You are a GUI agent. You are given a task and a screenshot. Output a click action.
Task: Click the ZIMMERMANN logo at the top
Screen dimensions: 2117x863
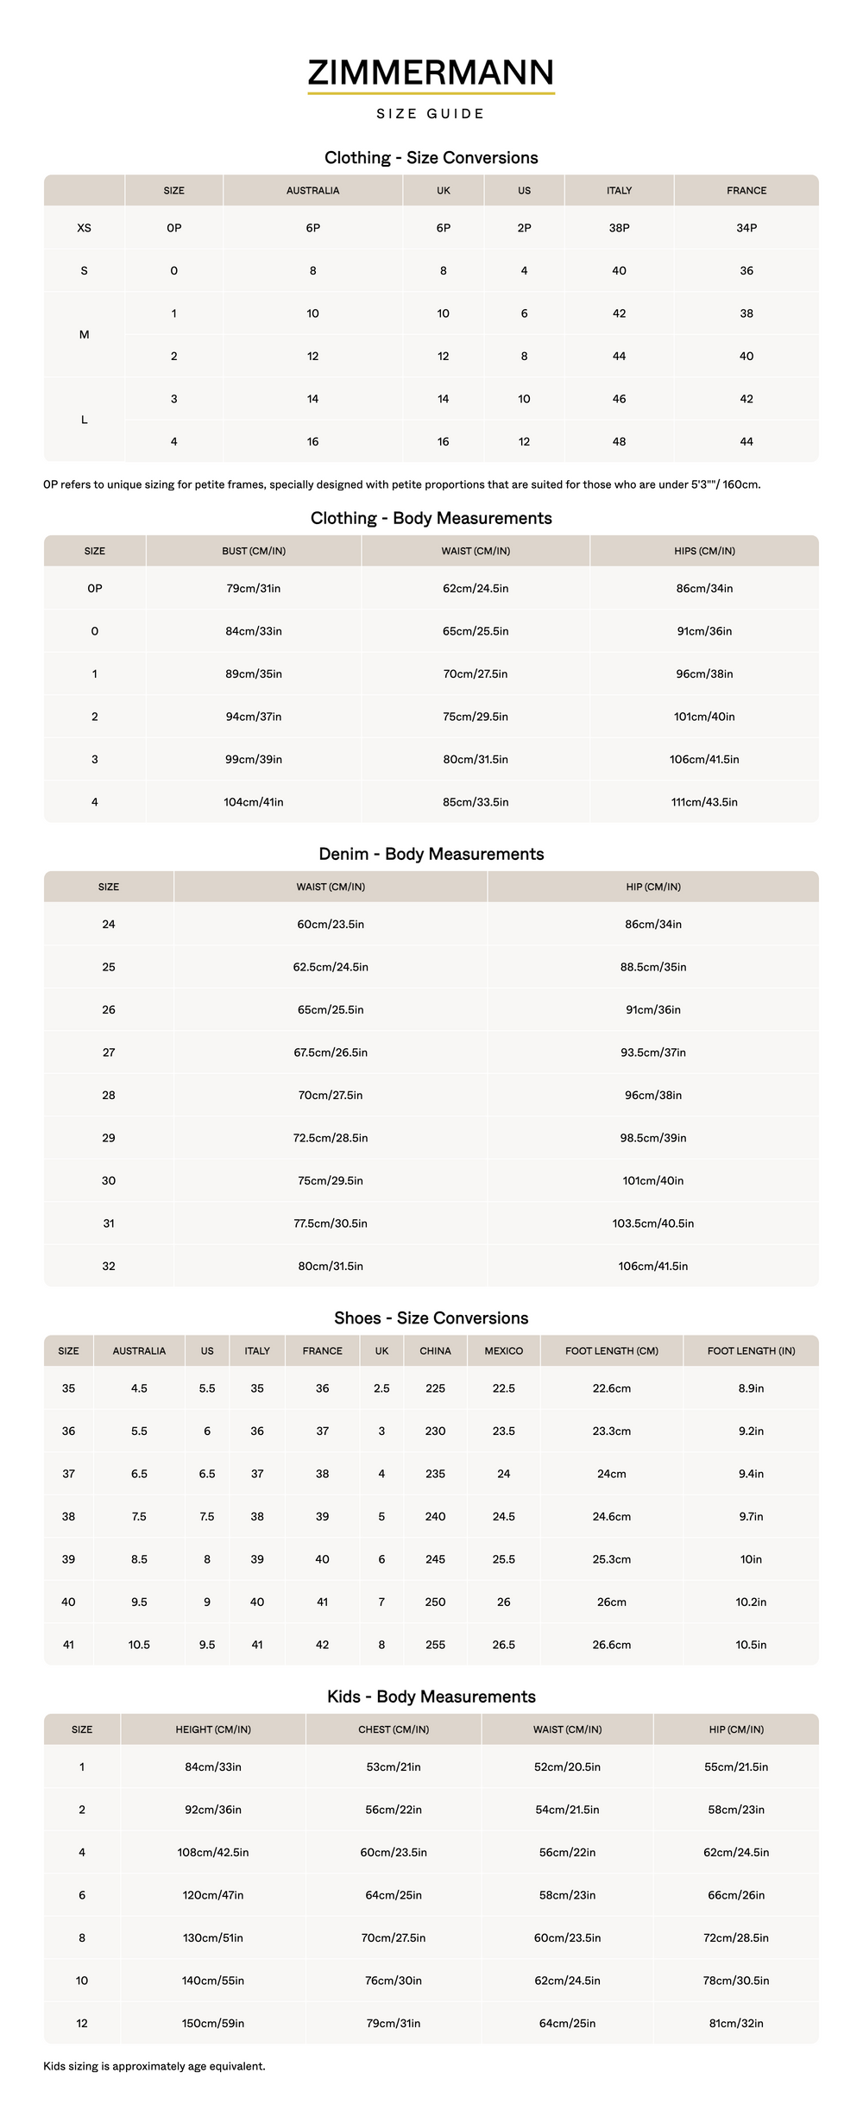click(431, 73)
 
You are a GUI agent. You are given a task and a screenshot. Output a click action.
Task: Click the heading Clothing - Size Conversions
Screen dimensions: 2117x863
click(431, 158)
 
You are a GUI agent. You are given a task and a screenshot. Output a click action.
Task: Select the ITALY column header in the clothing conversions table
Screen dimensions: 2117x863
click(619, 191)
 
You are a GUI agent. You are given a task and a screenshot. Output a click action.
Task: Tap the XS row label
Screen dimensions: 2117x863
click(84, 228)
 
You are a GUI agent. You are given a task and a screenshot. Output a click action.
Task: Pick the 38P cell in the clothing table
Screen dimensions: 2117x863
click(619, 228)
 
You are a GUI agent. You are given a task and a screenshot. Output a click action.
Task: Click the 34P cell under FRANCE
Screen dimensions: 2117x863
click(746, 228)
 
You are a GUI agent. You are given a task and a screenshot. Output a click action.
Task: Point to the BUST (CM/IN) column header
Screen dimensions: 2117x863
click(254, 551)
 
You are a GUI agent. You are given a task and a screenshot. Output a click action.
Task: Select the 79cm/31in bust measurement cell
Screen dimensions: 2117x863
click(254, 589)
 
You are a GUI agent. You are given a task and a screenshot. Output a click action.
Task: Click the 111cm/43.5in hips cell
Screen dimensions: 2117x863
click(704, 802)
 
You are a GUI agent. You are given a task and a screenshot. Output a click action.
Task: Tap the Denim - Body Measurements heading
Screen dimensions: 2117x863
click(431, 854)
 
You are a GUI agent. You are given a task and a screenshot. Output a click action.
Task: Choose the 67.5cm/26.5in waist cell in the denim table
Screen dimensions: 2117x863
click(331, 1052)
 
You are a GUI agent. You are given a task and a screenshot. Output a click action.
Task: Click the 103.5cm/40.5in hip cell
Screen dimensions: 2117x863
click(653, 1223)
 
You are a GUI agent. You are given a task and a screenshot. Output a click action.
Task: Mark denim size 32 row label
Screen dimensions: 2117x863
click(109, 1266)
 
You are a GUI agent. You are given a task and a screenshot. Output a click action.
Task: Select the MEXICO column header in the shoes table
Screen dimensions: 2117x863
click(504, 1351)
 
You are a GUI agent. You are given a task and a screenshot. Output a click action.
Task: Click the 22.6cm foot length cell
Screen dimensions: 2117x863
click(612, 1388)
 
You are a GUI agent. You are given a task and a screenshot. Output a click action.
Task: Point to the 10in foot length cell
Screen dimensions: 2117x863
click(751, 1559)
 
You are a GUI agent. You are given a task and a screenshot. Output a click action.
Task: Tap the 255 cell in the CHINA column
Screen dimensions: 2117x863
click(435, 1645)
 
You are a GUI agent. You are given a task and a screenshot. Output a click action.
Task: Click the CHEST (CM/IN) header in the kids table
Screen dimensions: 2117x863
click(394, 1729)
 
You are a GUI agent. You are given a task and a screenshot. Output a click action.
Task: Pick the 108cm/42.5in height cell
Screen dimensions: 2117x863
click(213, 1852)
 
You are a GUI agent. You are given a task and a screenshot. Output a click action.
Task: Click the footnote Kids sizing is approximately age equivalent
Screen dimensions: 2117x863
click(154, 2066)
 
